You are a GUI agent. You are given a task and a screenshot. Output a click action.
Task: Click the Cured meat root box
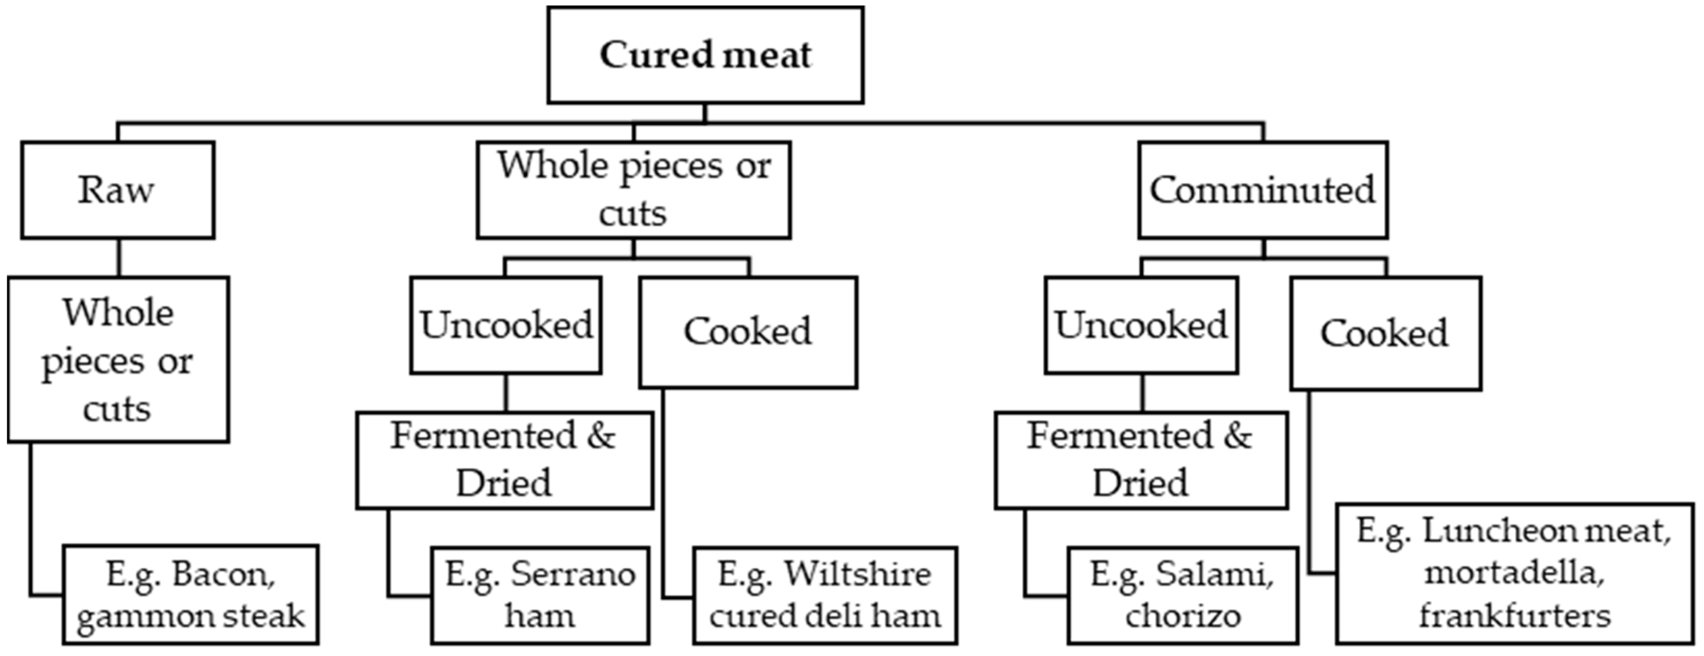coord(705,55)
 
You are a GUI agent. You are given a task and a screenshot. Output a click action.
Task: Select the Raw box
coord(118,190)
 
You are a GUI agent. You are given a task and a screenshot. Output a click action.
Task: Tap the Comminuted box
coord(1262,190)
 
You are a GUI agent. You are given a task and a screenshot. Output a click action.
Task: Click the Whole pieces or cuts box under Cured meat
coord(633,190)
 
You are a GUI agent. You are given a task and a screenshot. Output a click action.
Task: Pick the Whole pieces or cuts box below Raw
coord(119,359)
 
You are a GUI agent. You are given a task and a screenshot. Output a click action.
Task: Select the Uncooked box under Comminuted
coord(1141,325)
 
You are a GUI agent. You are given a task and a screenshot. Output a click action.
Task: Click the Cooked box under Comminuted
coord(1385,333)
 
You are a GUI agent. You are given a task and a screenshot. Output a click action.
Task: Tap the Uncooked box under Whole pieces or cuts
coord(506,325)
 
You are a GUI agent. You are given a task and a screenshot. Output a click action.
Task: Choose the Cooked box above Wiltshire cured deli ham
coord(748,331)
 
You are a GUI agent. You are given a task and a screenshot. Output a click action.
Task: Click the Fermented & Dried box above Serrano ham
coord(504,460)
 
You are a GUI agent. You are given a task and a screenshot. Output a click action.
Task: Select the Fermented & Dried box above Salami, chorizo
coord(1140,460)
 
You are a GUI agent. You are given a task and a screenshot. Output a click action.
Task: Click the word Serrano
coord(573,573)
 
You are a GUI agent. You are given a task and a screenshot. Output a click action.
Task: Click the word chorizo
coord(1183,616)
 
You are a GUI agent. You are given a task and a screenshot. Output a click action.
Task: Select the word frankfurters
coord(1514,616)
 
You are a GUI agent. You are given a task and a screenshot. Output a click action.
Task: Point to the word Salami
coord(1215,573)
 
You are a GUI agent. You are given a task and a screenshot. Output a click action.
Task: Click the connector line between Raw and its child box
coord(119,257)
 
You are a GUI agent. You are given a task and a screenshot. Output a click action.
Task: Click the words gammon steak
coord(190,616)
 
